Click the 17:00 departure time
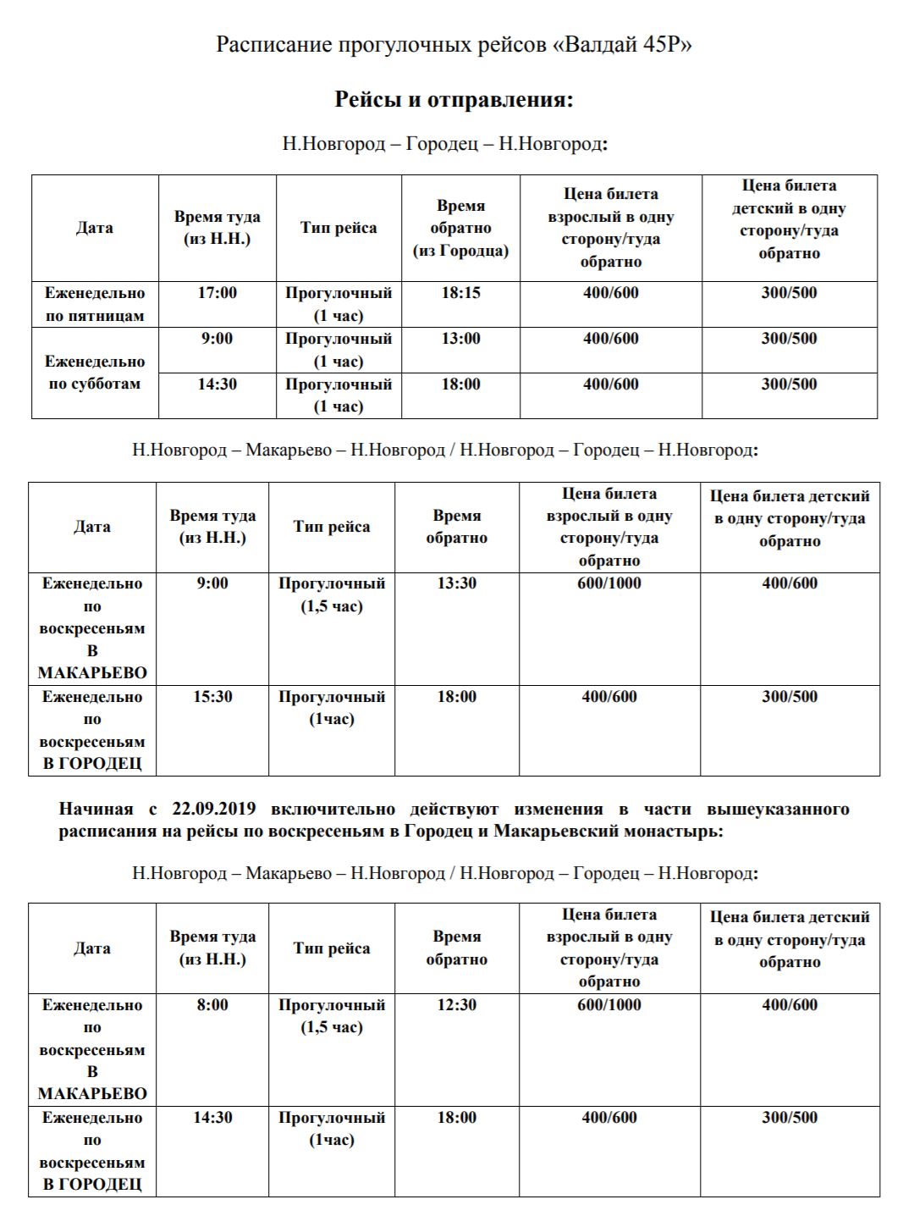tap(217, 293)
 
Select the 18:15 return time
tap(460, 293)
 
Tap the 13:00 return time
tap(460, 339)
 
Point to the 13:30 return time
tap(456, 583)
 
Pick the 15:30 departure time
tap(212, 697)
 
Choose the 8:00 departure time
tap(212, 1005)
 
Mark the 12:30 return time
tap(456, 1005)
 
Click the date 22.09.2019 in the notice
tap(213, 809)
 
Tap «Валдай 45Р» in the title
tap(622, 44)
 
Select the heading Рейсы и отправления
tap(454, 100)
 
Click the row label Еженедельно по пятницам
tap(95, 304)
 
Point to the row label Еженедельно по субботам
tap(95, 373)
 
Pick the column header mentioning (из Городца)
tap(460, 229)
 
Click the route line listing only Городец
tap(445, 144)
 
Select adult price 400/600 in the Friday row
tap(610, 293)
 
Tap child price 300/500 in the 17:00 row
tap(789, 293)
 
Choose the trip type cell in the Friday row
tap(339, 304)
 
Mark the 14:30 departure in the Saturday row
tap(217, 384)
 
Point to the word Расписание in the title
tap(273, 44)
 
